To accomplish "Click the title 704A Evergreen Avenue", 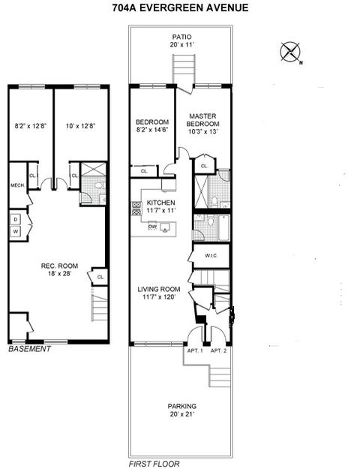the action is click(180, 8).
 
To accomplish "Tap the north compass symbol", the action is click(290, 52).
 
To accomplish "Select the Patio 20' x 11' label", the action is click(181, 41).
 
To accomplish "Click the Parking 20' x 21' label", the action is click(181, 410).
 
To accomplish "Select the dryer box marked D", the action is click(16, 220).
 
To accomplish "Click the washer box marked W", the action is click(16, 231).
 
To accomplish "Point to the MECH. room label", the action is click(18, 185).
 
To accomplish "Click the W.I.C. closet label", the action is click(211, 256).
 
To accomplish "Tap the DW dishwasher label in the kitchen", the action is click(152, 227).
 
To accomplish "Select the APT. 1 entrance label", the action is click(195, 350).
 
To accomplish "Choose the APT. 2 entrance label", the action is click(218, 350).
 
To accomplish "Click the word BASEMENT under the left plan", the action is click(29, 349).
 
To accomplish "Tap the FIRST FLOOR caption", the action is click(154, 464).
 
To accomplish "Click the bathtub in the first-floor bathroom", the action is click(223, 227).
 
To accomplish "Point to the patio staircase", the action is click(184, 69).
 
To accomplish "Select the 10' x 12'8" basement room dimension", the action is click(81, 126).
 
